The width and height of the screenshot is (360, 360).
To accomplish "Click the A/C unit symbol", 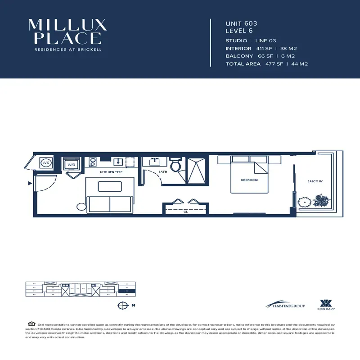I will tap(46, 163).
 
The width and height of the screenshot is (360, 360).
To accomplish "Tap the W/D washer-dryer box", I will tap(72, 165).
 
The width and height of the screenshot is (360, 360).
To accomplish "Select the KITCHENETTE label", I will tap(111, 172).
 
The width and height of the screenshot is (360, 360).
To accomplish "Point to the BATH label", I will tap(162, 172).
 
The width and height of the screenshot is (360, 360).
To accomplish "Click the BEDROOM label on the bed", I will tap(249, 180).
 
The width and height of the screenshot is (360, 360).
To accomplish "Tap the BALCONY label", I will tap(315, 181).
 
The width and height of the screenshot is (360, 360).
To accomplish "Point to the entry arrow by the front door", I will tap(30, 183).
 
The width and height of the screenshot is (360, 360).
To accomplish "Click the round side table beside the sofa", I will tap(81, 207).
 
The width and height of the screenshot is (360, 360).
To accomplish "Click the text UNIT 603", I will tap(241, 23).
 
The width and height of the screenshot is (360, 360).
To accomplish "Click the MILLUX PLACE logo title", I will tap(67, 31).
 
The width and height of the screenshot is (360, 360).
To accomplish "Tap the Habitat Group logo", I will tap(285, 305).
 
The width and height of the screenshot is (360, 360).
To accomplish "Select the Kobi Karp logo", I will tap(325, 305).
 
